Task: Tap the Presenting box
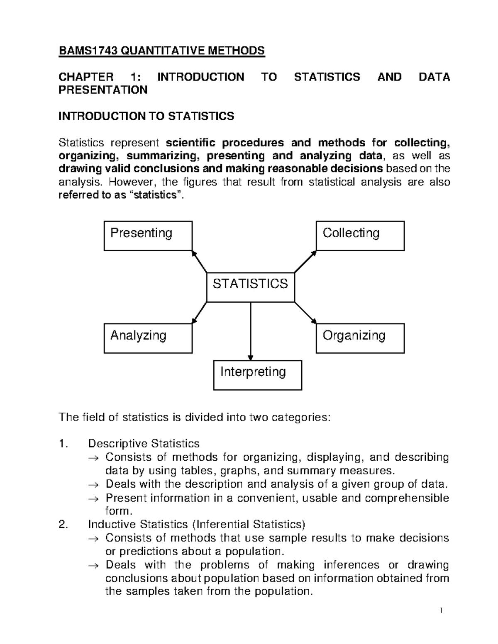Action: click(148, 236)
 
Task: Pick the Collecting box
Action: click(360, 236)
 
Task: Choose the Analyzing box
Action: click(148, 338)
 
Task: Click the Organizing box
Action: click(360, 338)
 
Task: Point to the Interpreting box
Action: click(257, 375)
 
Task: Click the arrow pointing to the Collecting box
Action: click(305, 262)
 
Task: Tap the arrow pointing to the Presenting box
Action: click(199, 261)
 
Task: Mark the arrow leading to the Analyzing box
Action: click(199, 312)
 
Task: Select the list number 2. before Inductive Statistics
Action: click(63, 525)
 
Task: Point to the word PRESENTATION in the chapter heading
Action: click(103, 90)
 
